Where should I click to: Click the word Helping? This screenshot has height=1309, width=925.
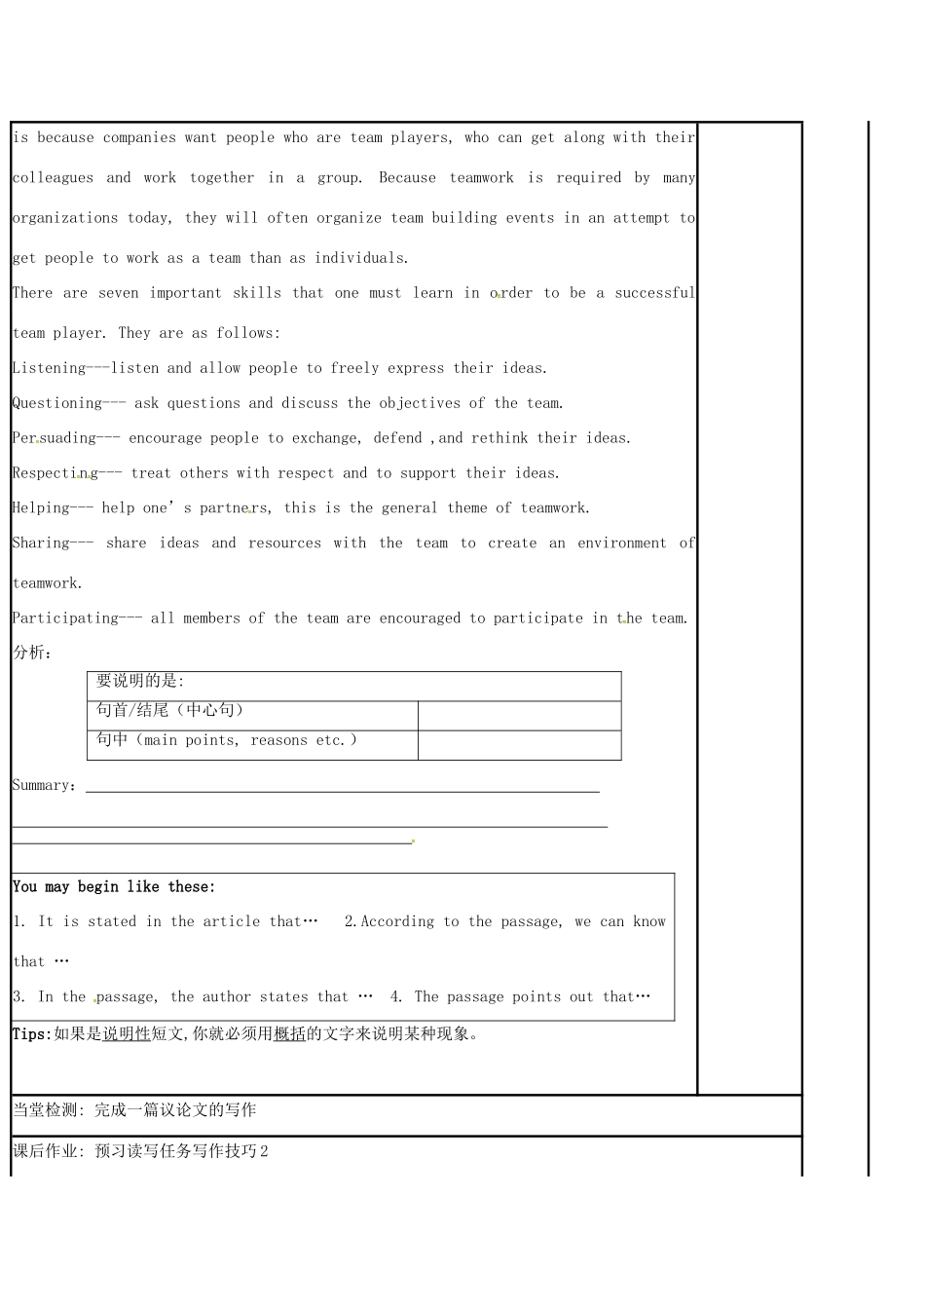(x=41, y=508)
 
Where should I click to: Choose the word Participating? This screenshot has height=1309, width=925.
(x=65, y=618)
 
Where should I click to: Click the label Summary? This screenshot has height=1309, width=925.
(x=41, y=786)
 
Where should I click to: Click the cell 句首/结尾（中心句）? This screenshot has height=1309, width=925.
(x=169, y=710)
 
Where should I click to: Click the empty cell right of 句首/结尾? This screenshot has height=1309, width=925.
(x=519, y=716)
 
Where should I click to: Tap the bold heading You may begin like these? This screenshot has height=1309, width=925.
(x=114, y=886)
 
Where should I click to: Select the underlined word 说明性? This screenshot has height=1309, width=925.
(x=127, y=1034)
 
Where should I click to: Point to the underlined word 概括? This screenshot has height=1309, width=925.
(x=289, y=1034)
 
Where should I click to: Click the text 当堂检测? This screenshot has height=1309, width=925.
(x=45, y=1110)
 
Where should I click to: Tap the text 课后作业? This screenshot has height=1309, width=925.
(x=45, y=1151)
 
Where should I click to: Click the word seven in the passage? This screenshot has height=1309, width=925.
(x=119, y=293)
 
